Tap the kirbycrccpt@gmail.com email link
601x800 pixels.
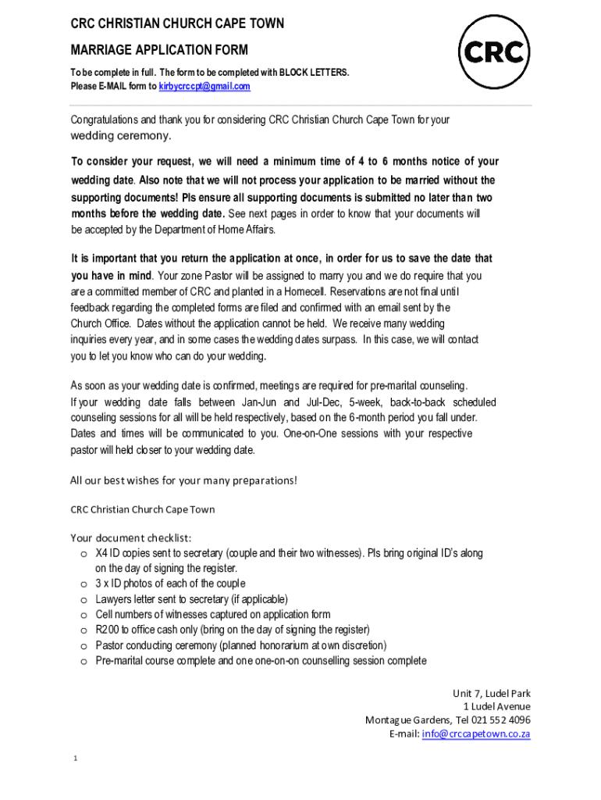pyautogui.click(x=204, y=87)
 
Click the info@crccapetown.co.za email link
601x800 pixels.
pyautogui.click(x=476, y=734)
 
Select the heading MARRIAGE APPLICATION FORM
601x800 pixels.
pyautogui.click(x=159, y=51)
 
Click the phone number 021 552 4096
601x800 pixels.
pyautogui.click(x=500, y=720)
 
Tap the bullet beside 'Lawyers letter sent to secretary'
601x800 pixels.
pyautogui.click(x=83, y=600)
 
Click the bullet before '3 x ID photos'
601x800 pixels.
pyautogui.click(x=83, y=584)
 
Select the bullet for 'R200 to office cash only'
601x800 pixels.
pyautogui.click(x=83, y=630)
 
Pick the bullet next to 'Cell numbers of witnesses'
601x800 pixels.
pyautogui.click(x=83, y=616)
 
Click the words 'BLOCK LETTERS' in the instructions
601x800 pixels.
pyautogui.click(x=315, y=73)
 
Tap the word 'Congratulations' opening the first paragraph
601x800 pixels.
pyautogui.click(x=105, y=120)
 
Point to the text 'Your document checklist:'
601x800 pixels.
pyautogui.click(x=131, y=537)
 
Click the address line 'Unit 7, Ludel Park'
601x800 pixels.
pyautogui.click(x=492, y=693)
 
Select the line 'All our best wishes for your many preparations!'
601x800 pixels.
pyautogui.click(x=184, y=480)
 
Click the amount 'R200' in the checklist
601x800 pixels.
pyautogui.click(x=106, y=630)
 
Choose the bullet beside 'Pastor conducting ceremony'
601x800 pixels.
pyautogui.click(x=83, y=646)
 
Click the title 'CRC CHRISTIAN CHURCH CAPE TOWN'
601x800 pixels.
pyautogui.click(x=177, y=23)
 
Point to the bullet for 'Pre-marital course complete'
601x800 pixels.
pyautogui.click(x=83, y=662)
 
